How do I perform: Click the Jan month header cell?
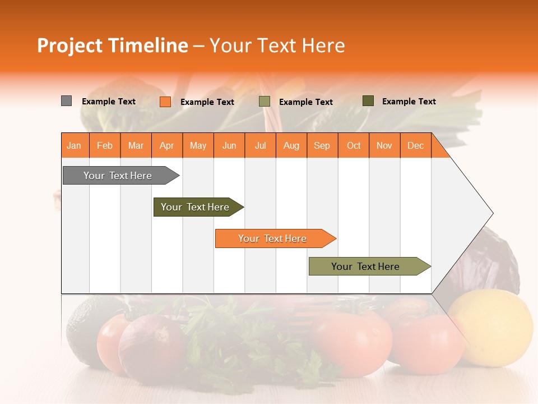pyautogui.click(x=75, y=145)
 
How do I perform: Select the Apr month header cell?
pyautogui.click(x=167, y=145)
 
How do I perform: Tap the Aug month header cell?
pyautogui.click(x=291, y=145)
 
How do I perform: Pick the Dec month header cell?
pyautogui.click(x=416, y=145)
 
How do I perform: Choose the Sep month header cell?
pyautogui.click(x=322, y=145)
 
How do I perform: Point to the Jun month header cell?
pyautogui.click(x=229, y=145)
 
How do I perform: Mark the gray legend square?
pyautogui.click(x=66, y=101)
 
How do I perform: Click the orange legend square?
pyautogui.click(x=165, y=102)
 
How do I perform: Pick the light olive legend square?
pyautogui.click(x=265, y=102)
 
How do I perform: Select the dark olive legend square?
pyautogui.click(x=368, y=101)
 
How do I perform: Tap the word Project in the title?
pyautogui.click(x=70, y=45)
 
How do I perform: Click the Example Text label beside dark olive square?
pyautogui.click(x=409, y=102)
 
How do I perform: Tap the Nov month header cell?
pyautogui.click(x=384, y=145)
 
